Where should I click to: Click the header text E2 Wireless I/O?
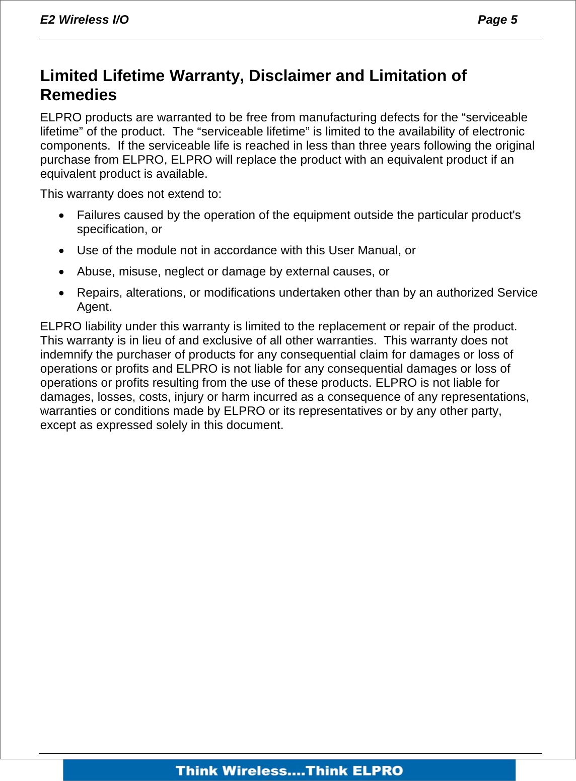click(84, 20)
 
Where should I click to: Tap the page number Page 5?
click(497, 20)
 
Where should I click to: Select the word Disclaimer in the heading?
click(290, 76)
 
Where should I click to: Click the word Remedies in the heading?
click(78, 95)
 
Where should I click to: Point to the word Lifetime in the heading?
click(133, 76)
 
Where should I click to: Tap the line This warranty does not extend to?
click(130, 194)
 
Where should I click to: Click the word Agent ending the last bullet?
click(94, 307)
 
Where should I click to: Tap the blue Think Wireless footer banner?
click(289, 770)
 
